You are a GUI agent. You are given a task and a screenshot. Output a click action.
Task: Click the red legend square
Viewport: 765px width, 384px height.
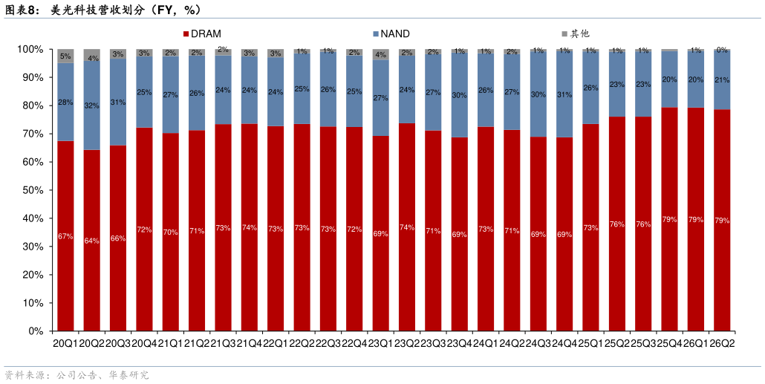point(186,34)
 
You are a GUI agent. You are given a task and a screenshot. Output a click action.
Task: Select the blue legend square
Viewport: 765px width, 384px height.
point(376,34)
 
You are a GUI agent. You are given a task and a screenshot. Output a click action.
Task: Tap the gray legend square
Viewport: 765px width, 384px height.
point(564,34)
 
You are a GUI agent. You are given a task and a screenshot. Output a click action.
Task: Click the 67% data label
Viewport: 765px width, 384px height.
point(65,236)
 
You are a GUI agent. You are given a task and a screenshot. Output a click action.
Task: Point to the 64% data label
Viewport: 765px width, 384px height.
point(91,241)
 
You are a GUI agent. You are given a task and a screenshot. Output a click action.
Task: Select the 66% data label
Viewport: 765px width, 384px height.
point(118,238)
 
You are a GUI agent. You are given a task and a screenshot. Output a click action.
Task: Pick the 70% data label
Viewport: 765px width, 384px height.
point(170,232)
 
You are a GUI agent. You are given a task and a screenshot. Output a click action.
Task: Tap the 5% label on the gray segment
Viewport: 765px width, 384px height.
point(65,56)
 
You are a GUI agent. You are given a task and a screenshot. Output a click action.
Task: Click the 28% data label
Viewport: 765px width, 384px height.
point(65,102)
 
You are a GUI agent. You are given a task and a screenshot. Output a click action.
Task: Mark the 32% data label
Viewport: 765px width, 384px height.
point(91,105)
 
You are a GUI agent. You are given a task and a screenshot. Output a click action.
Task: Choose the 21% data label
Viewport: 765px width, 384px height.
point(722,80)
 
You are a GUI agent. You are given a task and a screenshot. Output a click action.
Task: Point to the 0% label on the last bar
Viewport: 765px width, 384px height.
point(722,51)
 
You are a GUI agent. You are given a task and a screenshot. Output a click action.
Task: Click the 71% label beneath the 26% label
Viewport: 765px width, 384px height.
point(197,231)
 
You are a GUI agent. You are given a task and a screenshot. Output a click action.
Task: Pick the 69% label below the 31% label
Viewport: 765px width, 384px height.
point(564,235)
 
